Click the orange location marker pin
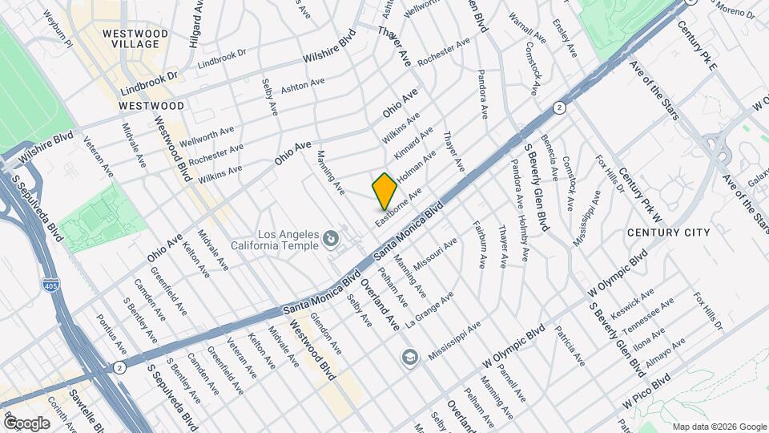click(384, 191)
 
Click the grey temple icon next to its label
click(330, 239)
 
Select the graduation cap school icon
click(410, 356)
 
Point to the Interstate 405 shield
click(49, 284)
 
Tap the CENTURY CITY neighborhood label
click(668, 233)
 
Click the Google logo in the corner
click(26, 423)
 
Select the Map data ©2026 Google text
click(719, 427)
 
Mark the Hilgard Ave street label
click(194, 24)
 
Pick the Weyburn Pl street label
click(58, 29)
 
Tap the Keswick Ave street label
click(632, 301)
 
